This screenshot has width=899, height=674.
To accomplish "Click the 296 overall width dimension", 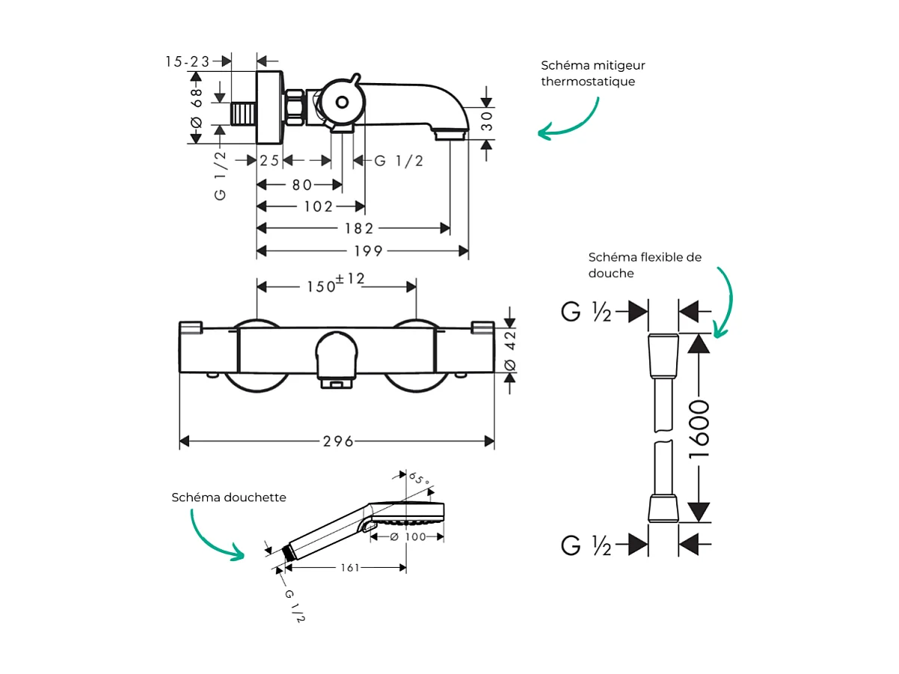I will click(338, 441).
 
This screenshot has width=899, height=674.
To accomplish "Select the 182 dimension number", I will click(358, 228).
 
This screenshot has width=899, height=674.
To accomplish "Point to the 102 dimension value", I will click(319, 206).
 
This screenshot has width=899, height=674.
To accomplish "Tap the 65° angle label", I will click(420, 479).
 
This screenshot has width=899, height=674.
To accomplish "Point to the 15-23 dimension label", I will click(188, 61).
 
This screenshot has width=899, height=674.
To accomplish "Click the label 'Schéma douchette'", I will click(229, 497).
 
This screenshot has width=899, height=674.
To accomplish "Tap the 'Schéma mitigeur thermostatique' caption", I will click(593, 73).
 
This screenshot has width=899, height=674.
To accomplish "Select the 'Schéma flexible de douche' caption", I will click(645, 265).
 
